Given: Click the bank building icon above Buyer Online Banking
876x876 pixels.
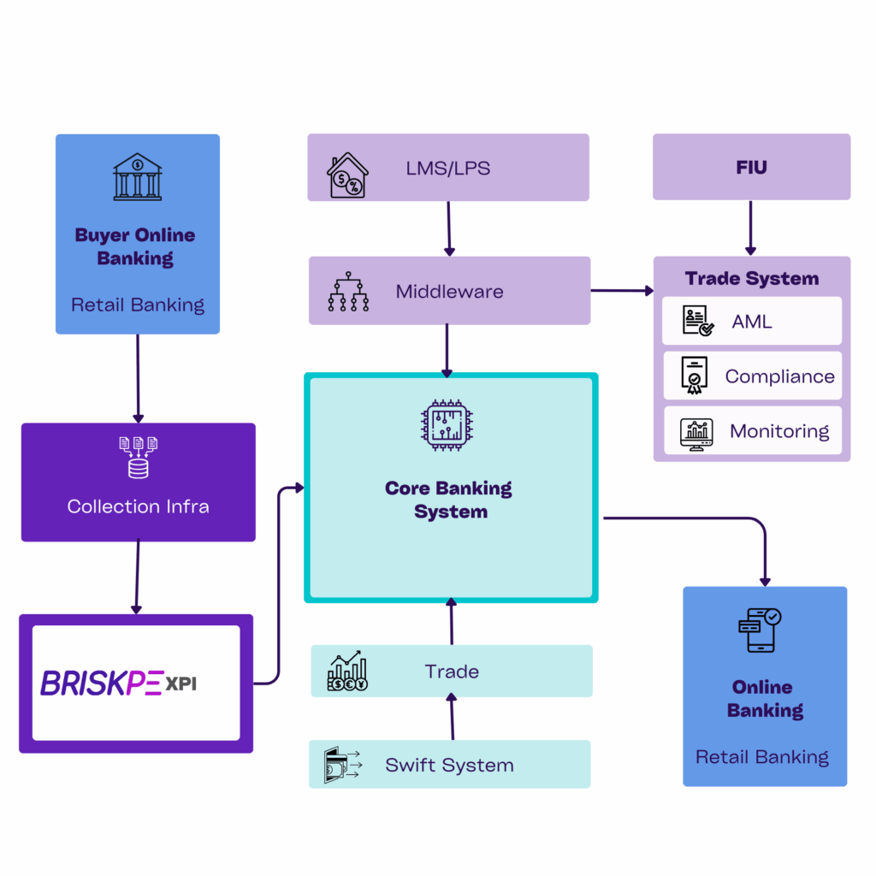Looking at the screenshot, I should coord(137,177).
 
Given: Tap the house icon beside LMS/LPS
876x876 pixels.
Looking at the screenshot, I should coord(347,175).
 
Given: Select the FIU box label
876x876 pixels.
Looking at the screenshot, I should coord(751,167).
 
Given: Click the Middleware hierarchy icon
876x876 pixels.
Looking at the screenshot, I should coord(348,292).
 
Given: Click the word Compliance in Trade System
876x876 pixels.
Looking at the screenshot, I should coord(779,376).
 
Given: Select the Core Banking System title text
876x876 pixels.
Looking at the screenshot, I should coord(449,500).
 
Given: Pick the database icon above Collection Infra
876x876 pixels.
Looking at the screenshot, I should coord(138,457).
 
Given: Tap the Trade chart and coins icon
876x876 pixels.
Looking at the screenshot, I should coord(347,672).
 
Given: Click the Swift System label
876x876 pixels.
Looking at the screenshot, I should coord(449,765).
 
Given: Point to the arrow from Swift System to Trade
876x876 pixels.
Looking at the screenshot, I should coord(452,717).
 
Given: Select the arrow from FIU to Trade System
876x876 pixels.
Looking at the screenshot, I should coord(750,228).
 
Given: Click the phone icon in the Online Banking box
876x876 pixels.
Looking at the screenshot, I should coord(759,630).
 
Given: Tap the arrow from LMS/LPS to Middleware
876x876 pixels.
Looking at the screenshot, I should coord(448,228).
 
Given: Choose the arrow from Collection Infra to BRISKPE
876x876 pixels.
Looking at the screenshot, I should coord(136,577).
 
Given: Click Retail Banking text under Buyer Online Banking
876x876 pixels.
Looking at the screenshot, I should coord(138,305).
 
